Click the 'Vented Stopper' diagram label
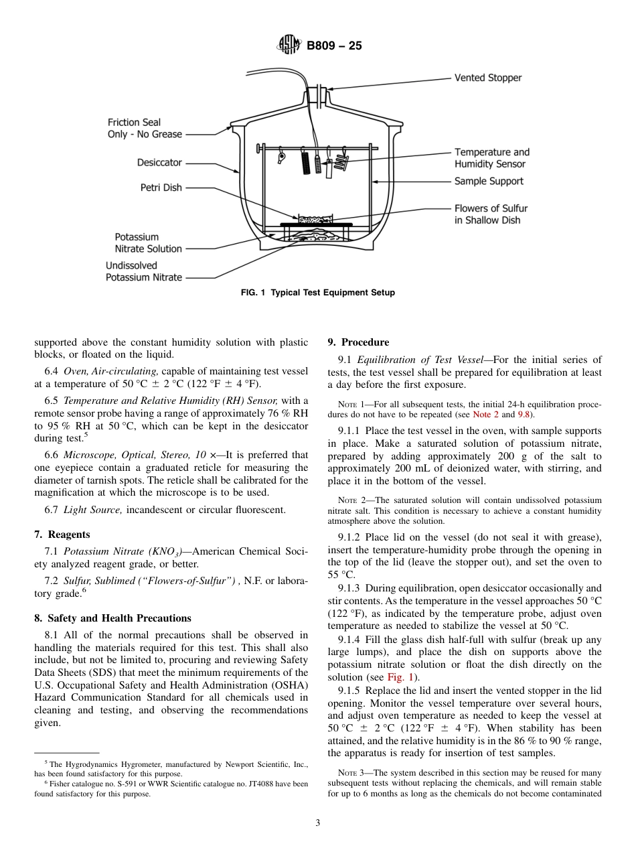pos(487,78)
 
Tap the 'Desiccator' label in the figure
pos(159,162)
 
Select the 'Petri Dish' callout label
pos(161,188)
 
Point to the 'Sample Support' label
pos(489,181)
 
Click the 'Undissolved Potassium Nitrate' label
pos(144,271)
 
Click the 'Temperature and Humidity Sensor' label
pos(491,158)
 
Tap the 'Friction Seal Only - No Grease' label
pos(145,128)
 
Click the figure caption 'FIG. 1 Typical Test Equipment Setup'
pos(318,293)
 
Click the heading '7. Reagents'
pos(62,535)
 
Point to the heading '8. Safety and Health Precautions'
pos(112,618)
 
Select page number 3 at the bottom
pos(318,823)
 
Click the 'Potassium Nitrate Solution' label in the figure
pos(148,242)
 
